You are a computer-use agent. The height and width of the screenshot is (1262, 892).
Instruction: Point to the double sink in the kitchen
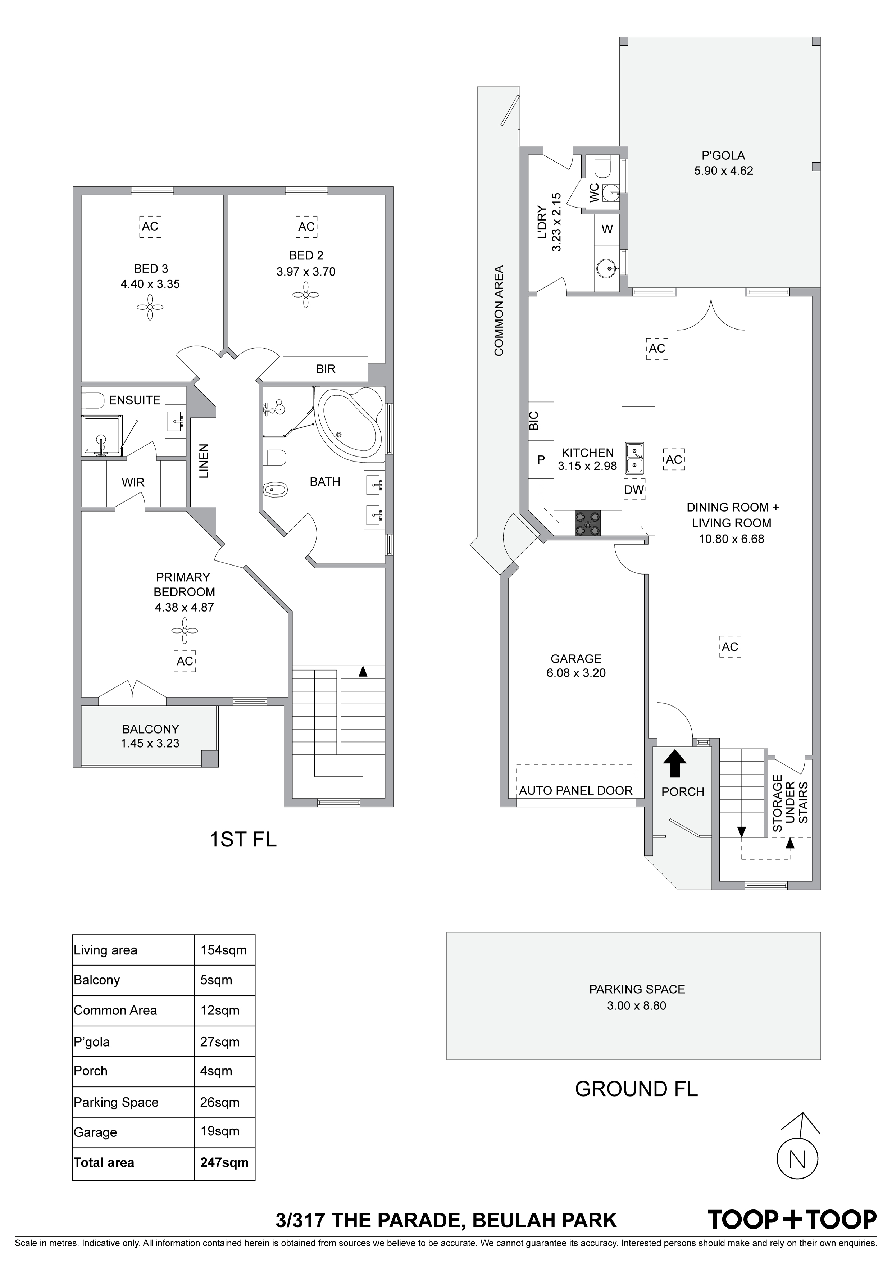(634, 458)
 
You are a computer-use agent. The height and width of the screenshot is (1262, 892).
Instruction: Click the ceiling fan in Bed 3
(150, 307)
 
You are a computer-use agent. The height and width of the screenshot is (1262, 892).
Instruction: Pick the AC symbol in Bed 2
(306, 226)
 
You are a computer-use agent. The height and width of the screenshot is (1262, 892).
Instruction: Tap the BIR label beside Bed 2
(326, 369)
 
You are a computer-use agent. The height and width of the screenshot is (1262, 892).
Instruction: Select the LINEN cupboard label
(203, 461)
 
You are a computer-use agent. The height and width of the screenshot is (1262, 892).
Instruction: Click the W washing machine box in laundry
(607, 229)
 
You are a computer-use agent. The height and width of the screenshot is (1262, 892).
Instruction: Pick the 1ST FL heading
(243, 839)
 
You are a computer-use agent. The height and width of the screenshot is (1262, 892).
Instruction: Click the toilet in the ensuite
(94, 400)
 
